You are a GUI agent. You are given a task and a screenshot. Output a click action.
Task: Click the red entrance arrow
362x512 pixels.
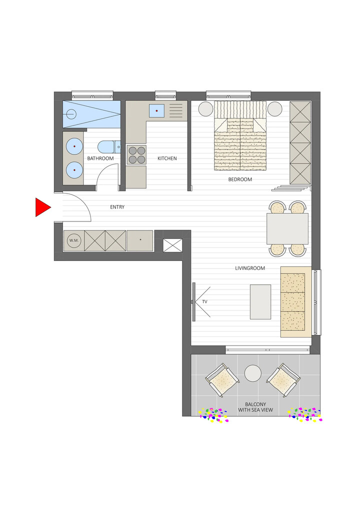[42, 207]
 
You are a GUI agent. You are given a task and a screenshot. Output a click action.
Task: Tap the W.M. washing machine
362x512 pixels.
[74, 240]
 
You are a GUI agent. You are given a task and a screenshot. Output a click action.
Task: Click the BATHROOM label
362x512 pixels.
[100, 158]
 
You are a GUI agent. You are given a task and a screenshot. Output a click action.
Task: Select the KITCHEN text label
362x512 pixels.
[167, 158]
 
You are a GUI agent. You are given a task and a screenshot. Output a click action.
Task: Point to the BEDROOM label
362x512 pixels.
[240, 179]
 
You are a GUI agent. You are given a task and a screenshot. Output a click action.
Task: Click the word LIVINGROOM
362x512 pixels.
[250, 268]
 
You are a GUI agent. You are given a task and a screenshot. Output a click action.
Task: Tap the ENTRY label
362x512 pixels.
[117, 207]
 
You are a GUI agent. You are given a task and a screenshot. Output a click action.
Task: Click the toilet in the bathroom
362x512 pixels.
[108, 146]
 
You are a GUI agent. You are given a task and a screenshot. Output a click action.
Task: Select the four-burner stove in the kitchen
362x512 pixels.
[136, 155]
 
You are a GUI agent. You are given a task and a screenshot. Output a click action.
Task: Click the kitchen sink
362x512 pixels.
[157, 110]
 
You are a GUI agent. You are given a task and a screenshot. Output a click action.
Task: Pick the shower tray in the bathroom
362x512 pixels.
[91, 114]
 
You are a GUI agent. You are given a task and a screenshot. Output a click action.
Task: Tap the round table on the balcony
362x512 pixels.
[252, 373]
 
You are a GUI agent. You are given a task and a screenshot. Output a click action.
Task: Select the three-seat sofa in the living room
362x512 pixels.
[293, 301]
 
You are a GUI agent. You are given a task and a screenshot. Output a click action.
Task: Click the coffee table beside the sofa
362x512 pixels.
[260, 301]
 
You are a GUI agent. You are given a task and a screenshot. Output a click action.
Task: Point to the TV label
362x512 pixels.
[204, 302]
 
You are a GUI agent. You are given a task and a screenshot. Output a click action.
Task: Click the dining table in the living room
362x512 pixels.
[287, 228]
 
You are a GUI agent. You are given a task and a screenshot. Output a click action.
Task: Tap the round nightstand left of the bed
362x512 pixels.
[205, 109]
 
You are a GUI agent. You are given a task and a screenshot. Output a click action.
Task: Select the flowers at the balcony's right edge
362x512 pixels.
[304, 414]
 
